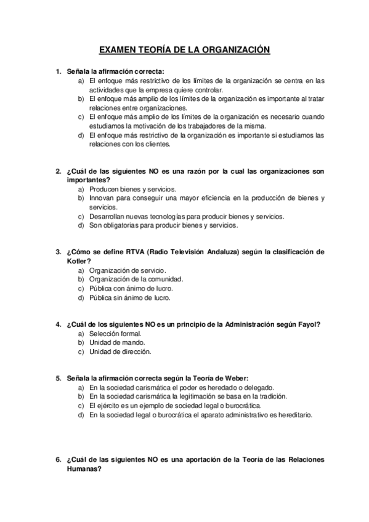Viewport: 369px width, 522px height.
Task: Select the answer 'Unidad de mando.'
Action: pyautogui.click(x=117, y=342)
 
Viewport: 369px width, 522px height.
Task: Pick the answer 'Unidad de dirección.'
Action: pyautogui.click(x=120, y=351)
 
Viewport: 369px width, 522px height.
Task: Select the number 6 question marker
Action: pyautogui.click(x=58, y=459)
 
